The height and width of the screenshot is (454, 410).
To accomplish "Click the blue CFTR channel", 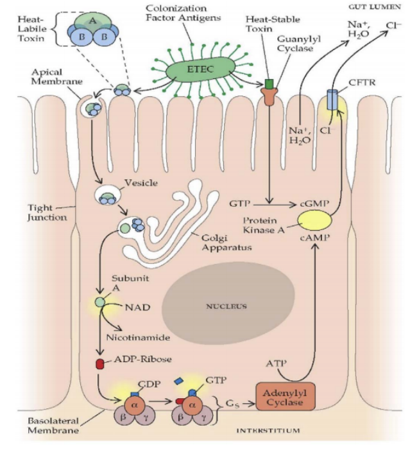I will click(332, 100).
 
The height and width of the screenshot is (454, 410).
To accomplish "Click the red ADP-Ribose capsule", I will click(100, 364).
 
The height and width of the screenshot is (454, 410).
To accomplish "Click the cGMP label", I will click(314, 204).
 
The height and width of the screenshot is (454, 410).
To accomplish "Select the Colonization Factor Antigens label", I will click(184, 13).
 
